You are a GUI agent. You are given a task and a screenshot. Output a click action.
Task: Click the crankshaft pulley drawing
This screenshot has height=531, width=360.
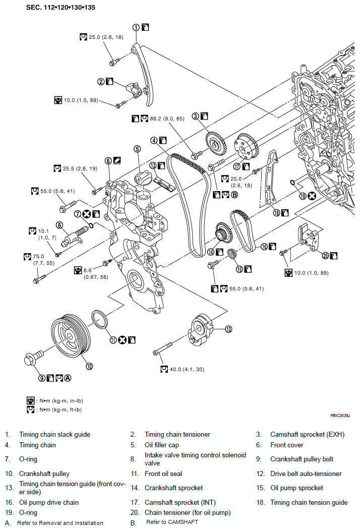(71, 339)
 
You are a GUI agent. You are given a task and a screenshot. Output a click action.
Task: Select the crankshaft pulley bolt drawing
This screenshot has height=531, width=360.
(33, 359)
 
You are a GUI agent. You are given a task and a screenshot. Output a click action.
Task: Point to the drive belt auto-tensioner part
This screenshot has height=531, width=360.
(200, 330)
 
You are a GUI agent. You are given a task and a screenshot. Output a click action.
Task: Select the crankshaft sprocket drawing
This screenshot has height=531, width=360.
(222, 233)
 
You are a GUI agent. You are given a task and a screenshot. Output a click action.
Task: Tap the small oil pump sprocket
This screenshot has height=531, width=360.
(231, 254)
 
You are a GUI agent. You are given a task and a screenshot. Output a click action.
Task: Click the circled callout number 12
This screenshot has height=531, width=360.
(228, 329)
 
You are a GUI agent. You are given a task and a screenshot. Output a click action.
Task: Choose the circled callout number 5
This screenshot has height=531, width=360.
(137, 149)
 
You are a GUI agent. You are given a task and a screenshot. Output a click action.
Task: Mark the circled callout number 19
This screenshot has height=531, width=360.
(303, 196)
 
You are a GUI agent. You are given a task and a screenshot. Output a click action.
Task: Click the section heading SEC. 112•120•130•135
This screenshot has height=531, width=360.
(61, 7)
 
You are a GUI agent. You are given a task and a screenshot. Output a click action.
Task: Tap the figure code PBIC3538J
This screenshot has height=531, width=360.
(340, 415)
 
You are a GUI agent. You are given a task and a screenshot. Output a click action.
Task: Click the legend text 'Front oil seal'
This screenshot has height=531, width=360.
(163, 474)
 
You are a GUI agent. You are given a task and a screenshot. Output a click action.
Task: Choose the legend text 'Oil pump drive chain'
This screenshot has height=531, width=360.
(49, 502)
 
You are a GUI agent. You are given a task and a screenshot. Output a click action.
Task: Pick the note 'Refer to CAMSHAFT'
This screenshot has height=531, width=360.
(172, 522)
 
